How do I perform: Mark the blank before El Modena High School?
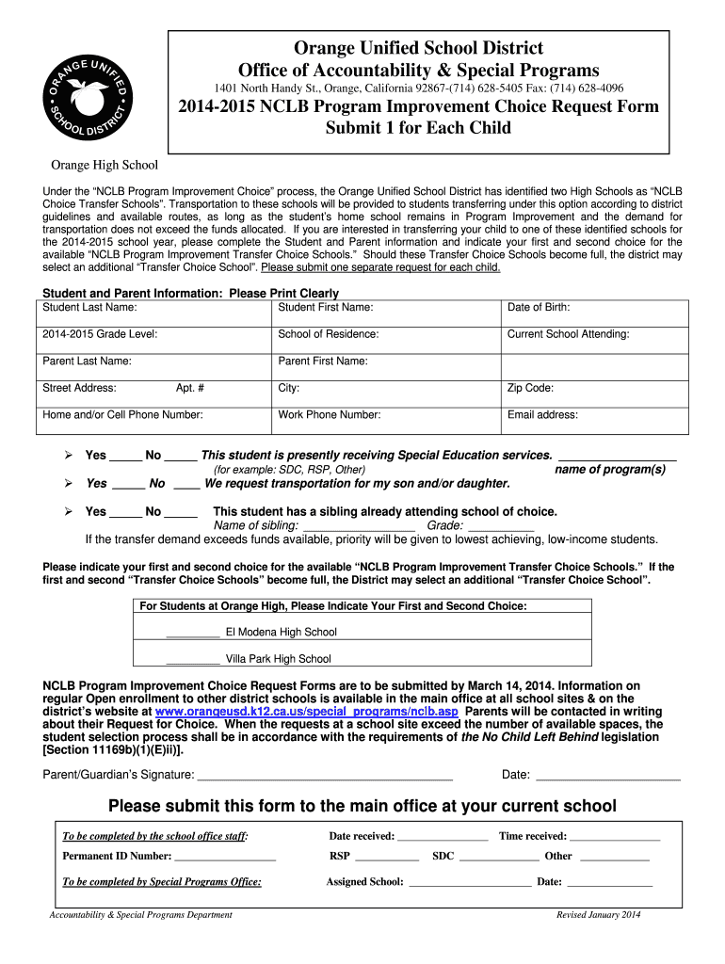(192, 632)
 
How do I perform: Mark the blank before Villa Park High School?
(192, 659)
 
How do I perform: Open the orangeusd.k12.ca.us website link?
(306, 712)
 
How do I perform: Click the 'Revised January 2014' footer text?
(598, 915)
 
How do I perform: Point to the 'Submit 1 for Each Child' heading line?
(418, 127)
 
